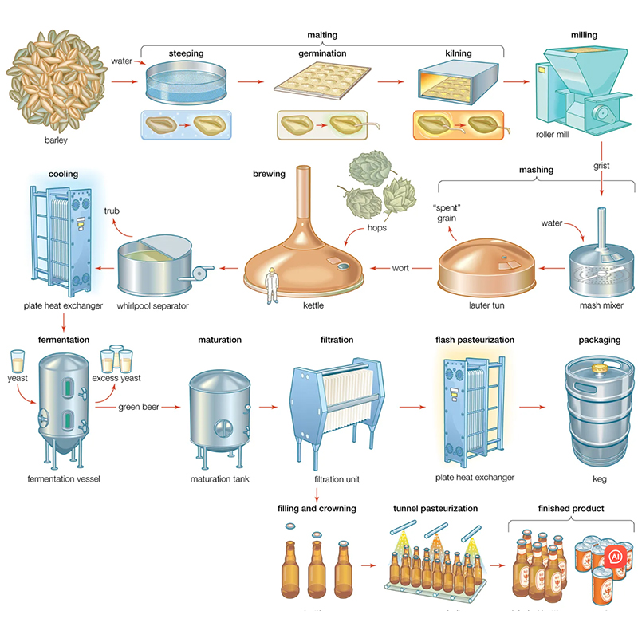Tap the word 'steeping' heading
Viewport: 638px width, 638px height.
click(x=186, y=53)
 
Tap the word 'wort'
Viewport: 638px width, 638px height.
click(x=400, y=268)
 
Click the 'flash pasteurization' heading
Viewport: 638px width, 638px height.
click(x=475, y=340)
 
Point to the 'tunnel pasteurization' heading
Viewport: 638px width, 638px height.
click(x=435, y=508)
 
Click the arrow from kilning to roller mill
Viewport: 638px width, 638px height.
click(x=517, y=82)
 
